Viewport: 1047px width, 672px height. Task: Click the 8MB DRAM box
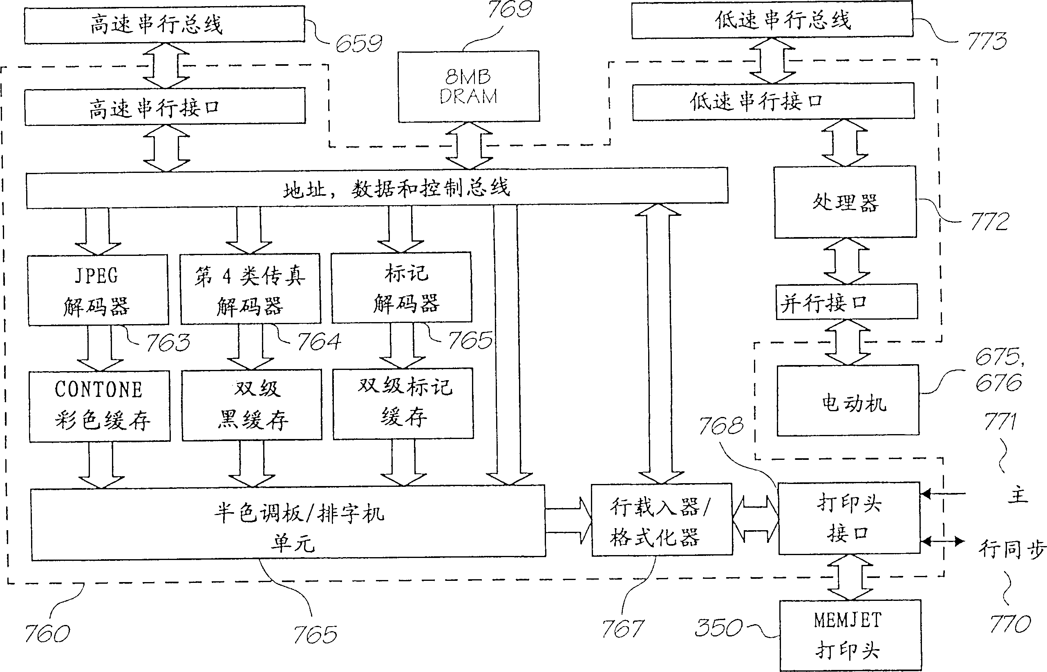coord(468,86)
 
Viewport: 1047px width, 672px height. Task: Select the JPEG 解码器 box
coord(98,290)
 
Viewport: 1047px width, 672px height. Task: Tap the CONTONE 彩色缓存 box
coord(99,406)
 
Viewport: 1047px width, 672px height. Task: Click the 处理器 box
coord(845,202)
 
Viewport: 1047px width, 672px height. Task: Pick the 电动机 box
coord(848,401)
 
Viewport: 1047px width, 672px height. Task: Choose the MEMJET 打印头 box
coord(850,635)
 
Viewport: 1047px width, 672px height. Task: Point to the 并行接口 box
coord(846,302)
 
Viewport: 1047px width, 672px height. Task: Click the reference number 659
coord(358,43)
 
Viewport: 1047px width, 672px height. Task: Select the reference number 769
coord(510,9)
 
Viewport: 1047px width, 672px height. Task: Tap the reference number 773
coord(987,41)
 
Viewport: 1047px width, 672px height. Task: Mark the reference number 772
coord(989,222)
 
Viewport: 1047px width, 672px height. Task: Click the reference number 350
coord(718,627)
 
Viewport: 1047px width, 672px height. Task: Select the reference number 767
coord(622,629)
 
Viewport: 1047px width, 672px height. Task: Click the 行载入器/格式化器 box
coord(661,519)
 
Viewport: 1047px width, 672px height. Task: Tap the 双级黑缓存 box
coord(252,405)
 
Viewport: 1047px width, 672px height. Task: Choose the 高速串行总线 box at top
coord(164,24)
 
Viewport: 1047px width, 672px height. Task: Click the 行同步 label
coord(1011,549)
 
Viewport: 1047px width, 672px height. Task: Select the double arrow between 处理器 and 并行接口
coord(846,261)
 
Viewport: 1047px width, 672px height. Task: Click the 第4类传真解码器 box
coord(251,289)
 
